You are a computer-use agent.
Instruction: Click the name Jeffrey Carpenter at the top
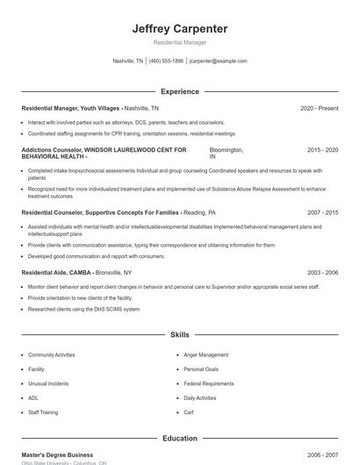click(179, 29)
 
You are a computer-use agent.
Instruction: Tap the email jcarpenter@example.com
click(218, 61)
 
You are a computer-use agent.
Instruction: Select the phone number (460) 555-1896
click(166, 61)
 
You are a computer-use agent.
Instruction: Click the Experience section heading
click(179, 91)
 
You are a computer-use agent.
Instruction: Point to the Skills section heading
click(179, 335)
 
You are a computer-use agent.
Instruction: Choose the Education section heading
click(179, 439)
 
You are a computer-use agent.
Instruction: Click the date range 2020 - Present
click(319, 108)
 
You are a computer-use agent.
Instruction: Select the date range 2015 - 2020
click(322, 150)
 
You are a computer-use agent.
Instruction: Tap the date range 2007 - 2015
click(322, 212)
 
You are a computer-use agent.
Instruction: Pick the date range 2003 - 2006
click(322, 273)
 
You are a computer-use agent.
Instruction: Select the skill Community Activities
click(52, 354)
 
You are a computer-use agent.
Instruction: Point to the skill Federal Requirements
click(208, 383)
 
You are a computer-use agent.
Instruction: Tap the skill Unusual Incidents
click(48, 383)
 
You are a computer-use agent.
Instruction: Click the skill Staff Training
click(43, 411)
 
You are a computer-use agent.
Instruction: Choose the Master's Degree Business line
click(57, 455)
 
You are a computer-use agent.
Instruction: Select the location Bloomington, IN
click(226, 153)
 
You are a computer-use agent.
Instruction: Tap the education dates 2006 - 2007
click(322, 455)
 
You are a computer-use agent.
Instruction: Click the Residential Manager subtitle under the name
click(179, 42)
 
